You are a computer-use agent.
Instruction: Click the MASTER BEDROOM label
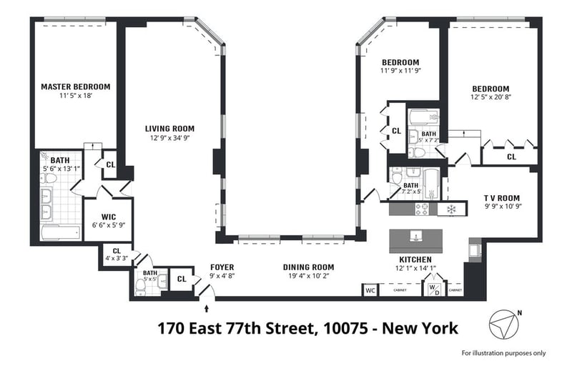(76, 86)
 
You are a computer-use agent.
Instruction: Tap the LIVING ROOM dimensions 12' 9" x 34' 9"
(170, 138)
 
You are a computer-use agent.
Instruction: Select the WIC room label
(109, 217)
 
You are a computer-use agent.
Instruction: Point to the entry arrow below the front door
(207, 309)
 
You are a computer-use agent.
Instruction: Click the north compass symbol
(504, 324)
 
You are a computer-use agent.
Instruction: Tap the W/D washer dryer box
(434, 290)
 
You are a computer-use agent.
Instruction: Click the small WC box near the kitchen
(370, 291)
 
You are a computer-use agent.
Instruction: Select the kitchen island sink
(416, 237)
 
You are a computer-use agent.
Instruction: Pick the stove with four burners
(422, 209)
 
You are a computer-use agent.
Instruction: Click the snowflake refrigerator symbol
(452, 209)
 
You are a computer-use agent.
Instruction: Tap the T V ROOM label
(502, 198)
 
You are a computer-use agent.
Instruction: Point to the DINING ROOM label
(309, 267)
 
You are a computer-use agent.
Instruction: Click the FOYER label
(222, 267)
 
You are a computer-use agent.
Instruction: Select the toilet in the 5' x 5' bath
(140, 287)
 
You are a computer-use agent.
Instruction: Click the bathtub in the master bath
(61, 232)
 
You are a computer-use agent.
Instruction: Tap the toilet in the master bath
(48, 178)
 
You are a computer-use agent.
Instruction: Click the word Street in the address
(290, 328)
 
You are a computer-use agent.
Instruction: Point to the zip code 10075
(345, 328)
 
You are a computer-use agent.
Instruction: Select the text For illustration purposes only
(504, 353)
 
